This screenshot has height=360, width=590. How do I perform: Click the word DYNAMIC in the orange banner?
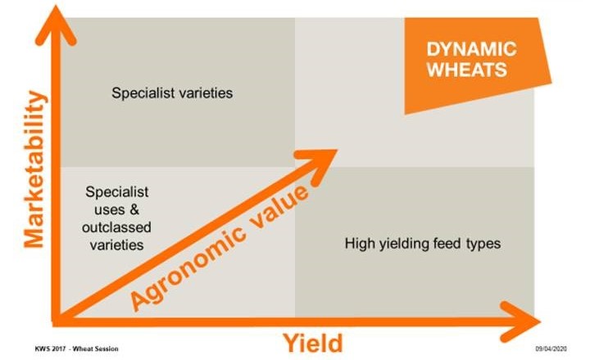coord(471,49)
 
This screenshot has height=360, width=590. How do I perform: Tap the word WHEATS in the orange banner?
coord(467,70)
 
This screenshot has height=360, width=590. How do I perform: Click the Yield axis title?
coord(313,343)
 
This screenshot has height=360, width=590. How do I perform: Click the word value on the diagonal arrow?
coord(279,207)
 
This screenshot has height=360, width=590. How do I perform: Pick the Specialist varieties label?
coord(172,93)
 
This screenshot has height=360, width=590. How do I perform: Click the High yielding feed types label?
coord(423,244)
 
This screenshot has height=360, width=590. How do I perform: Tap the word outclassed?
coord(116,227)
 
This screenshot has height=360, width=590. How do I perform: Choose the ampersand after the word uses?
coord(134,209)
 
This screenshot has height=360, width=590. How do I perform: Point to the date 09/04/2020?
coord(551,349)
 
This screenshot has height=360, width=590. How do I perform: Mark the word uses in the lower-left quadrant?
coord(109,210)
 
